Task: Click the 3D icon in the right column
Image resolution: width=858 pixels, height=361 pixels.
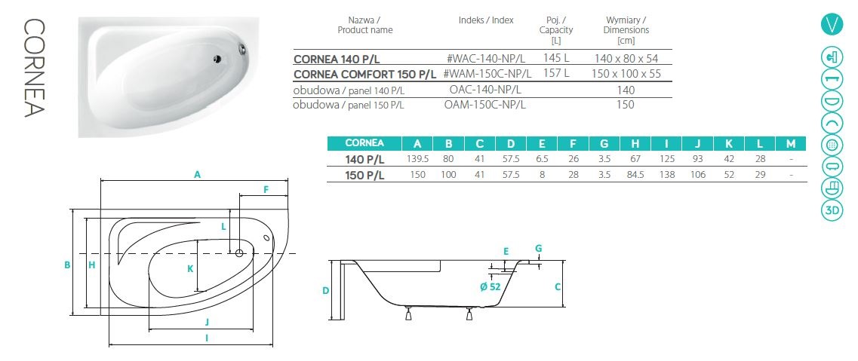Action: (832, 211)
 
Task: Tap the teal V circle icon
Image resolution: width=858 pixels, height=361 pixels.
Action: (832, 25)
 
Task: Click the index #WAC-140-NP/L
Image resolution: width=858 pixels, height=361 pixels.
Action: (487, 59)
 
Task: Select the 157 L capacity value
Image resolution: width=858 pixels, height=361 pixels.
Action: (556, 72)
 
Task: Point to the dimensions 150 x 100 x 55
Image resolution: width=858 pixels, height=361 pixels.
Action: (626, 73)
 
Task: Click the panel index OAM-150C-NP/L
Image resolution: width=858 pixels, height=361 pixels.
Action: (485, 104)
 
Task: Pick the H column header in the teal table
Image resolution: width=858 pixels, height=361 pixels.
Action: (635, 144)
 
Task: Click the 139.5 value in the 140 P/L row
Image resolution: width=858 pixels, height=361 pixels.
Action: (417, 160)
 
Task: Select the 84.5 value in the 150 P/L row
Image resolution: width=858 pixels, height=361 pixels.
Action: (635, 175)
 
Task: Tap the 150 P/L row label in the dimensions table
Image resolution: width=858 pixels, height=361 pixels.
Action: (364, 176)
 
